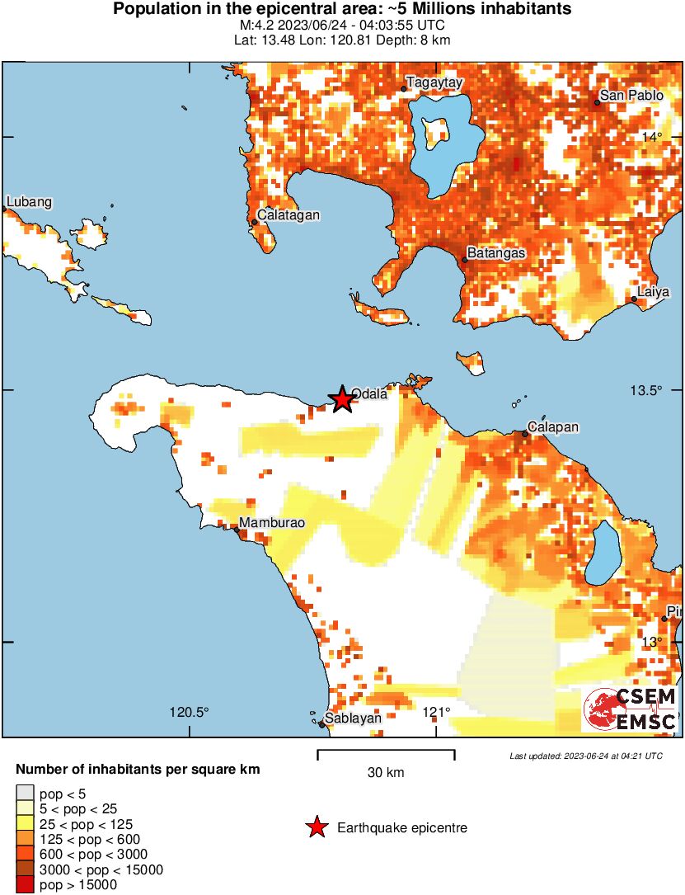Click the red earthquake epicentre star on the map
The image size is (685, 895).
tap(341, 399)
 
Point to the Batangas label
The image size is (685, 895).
tap(496, 252)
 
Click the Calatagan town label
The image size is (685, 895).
tap(288, 215)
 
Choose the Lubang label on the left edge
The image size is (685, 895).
tap(30, 202)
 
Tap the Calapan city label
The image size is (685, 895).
tap(553, 427)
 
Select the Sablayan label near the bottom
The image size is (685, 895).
tap(353, 718)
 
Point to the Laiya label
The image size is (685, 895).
tap(654, 292)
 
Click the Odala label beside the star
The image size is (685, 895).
tap(369, 393)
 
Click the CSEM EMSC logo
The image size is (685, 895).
tap(630, 709)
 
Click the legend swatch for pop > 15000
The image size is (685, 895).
tap(25, 884)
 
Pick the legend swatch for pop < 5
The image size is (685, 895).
tap(25, 794)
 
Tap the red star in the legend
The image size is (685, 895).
tap(316, 827)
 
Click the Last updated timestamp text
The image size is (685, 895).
tap(585, 756)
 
